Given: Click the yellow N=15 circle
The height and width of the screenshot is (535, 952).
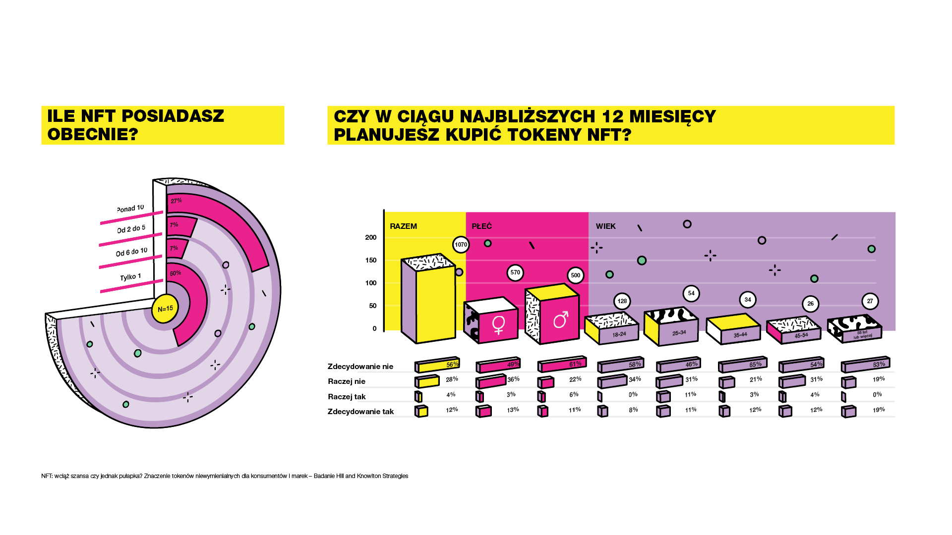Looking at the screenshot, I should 165,309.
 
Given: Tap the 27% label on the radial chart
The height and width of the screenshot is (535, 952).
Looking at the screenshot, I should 176,201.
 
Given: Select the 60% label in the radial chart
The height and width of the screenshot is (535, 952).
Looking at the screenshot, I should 176,273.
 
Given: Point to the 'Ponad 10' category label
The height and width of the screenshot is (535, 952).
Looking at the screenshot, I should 130,208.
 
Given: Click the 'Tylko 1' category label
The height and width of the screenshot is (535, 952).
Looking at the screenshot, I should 130,277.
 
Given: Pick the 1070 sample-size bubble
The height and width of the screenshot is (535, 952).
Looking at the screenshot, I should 461,245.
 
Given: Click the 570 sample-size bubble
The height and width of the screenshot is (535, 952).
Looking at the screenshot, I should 515,272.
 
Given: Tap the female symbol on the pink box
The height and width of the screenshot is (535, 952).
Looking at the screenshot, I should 498,324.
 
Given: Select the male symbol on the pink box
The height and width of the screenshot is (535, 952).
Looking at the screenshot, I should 561,320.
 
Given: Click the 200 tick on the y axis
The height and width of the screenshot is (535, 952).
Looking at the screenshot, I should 371,237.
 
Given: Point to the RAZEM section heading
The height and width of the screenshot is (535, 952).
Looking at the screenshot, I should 403,226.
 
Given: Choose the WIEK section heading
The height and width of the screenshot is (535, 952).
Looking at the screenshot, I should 605,226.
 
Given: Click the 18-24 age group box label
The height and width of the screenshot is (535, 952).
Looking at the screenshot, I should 619,334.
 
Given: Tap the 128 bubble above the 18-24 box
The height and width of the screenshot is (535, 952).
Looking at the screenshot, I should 622,301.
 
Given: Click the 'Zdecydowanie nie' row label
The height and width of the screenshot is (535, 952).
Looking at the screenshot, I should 360,367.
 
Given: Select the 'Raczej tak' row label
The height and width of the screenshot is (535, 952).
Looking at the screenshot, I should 347,397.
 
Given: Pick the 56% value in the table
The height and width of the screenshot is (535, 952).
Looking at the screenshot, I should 452,365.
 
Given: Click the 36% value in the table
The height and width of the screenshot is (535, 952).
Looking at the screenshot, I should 513,379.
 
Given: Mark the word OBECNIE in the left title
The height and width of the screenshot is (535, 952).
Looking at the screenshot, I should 92,134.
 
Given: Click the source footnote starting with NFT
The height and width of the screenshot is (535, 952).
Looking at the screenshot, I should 225,476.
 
